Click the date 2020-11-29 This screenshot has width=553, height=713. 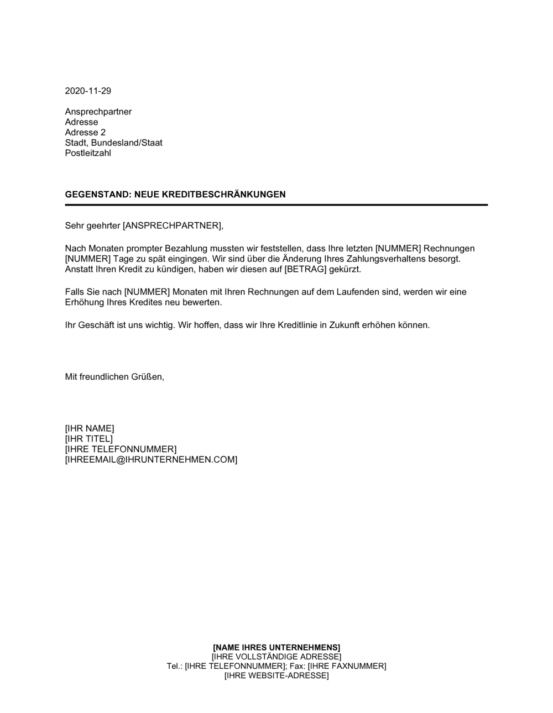click(x=88, y=91)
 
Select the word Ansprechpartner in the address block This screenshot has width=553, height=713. click(x=98, y=112)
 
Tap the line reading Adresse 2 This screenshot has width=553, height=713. click(x=85, y=133)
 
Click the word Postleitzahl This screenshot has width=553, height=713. click(x=88, y=153)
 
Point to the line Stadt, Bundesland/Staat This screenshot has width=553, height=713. click(x=113, y=143)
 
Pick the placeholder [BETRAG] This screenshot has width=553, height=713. click(x=303, y=269)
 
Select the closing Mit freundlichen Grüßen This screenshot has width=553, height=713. click(x=114, y=377)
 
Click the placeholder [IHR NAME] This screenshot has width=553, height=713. click(x=90, y=428)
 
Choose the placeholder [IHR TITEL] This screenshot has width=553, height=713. click(x=88, y=439)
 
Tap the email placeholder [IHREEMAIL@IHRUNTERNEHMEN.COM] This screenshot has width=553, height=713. click(x=151, y=459)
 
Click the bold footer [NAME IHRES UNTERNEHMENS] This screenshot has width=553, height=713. click(x=276, y=647)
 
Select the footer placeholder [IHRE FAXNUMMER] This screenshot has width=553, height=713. click(x=347, y=666)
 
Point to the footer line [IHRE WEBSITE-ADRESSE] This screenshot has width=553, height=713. click(x=276, y=675)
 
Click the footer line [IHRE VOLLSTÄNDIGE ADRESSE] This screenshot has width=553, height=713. click(x=276, y=657)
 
